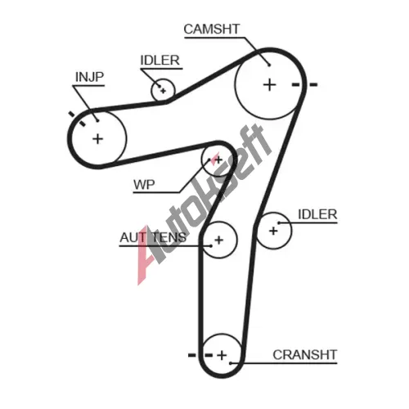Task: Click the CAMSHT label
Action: pos(212,29)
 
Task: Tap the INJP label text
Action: pos(89,77)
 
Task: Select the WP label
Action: pos(144,185)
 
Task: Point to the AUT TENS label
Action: pos(153,237)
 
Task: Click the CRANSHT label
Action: pos(305,355)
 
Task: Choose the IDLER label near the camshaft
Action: pos(160,61)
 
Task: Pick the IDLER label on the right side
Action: pos(317,214)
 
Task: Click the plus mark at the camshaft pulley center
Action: pos(270,85)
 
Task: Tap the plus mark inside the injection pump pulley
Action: pos(97,139)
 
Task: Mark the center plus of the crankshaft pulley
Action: pos(222,355)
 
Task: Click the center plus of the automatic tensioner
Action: pos(219,240)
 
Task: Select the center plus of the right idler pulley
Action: pos(273,231)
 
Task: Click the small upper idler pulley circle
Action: pos(151,90)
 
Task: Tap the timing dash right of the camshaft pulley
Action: pos(313,85)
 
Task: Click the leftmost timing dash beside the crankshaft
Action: pos(192,355)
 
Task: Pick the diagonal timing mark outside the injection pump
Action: pos(72,114)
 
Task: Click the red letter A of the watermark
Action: pos(146,256)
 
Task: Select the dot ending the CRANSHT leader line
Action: pos(231,363)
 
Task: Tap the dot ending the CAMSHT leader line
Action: pos(269,65)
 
